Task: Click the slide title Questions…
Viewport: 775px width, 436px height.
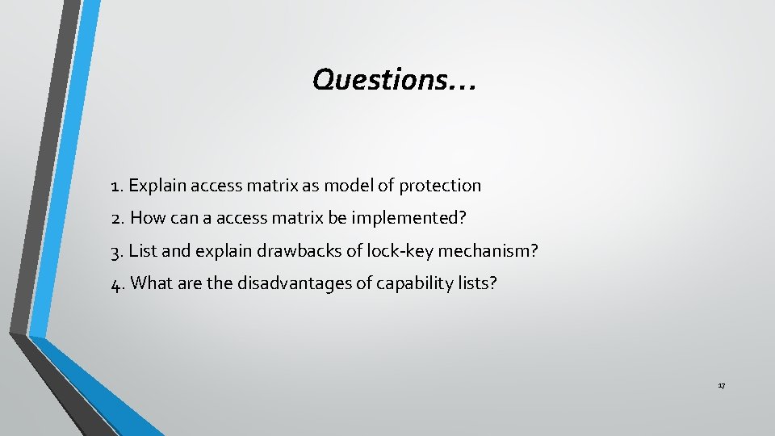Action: (394, 79)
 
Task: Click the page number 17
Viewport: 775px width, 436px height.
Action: (721, 387)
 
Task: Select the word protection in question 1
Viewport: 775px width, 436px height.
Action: (442, 186)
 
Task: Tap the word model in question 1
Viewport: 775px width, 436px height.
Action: (348, 186)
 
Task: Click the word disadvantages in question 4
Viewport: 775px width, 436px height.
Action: (294, 283)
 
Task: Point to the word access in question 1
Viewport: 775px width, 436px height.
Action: (215, 186)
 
